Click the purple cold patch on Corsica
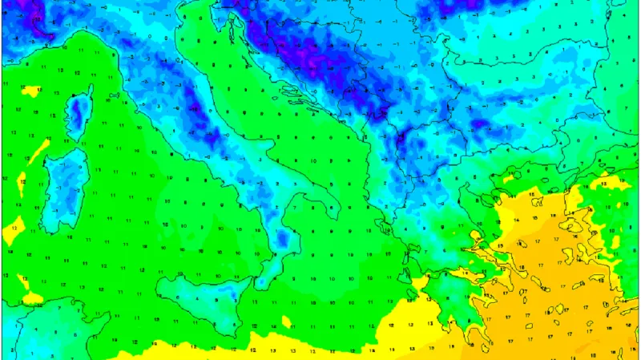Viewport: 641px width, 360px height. (78, 109)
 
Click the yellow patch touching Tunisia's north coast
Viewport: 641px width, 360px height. (32, 298)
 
